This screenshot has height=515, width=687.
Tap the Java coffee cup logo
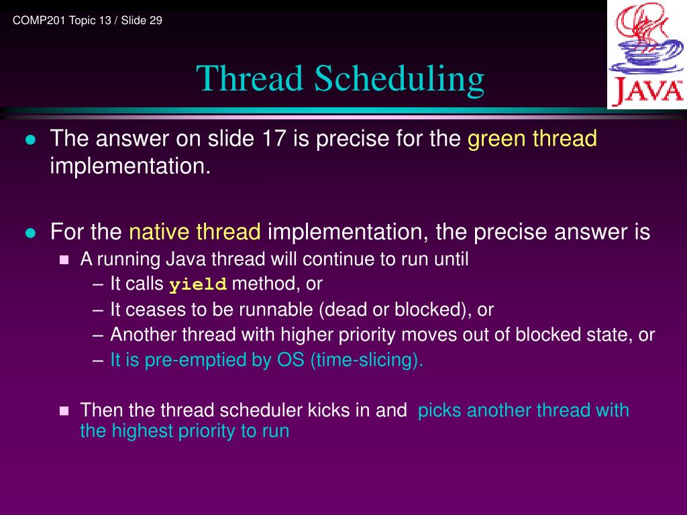[647, 54]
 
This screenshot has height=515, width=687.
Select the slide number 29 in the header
[156, 21]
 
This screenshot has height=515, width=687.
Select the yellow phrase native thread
[195, 231]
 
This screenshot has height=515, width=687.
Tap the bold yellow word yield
[198, 284]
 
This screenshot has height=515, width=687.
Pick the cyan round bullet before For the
[30, 233]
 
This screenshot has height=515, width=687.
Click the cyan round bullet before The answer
[30, 139]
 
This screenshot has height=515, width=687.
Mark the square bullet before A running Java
[64, 260]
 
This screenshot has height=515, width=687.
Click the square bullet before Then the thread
[64, 411]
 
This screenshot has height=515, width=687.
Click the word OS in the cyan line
[290, 360]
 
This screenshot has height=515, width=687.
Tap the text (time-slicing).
[367, 360]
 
